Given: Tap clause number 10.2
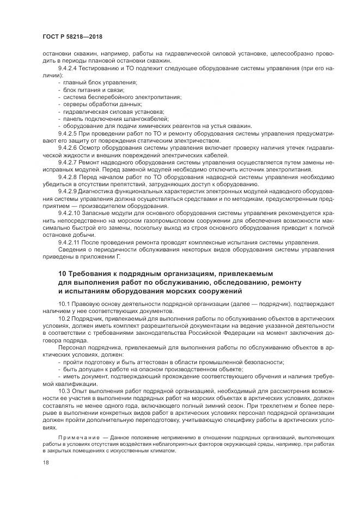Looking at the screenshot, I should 64,316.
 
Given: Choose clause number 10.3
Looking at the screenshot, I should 64,391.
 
